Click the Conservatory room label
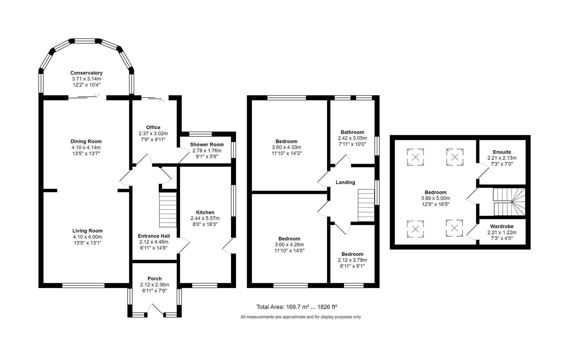pyautogui.click(x=86, y=73)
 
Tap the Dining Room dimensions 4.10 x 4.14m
pyautogui.click(x=86, y=147)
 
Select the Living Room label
pyautogui.click(x=87, y=231)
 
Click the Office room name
pyautogui.click(x=153, y=127)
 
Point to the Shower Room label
pyautogui.click(x=207, y=145)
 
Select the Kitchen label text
pyautogui.click(x=205, y=212)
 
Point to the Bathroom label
pyautogui.click(x=352, y=132)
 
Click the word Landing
pyautogui.click(x=345, y=182)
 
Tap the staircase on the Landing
pyautogui.click(x=366, y=206)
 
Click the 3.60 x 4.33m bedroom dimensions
pyautogui.click(x=286, y=147)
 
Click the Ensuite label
pyautogui.click(x=502, y=152)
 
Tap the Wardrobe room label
pyautogui.click(x=502, y=226)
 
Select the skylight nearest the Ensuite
pyautogui.click(x=455, y=157)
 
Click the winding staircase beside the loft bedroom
pyautogui.click(x=509, y=202)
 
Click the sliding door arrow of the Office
pyautogui.click(x=162, y=100)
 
